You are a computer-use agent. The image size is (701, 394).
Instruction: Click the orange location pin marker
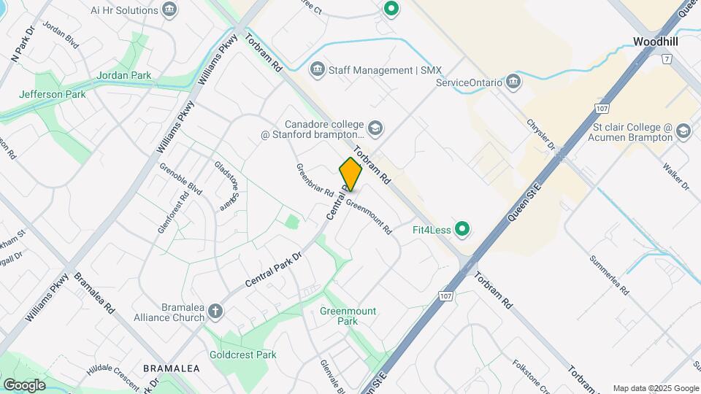(x=350, y=174)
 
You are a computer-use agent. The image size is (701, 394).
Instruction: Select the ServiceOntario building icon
(x=513, y=81)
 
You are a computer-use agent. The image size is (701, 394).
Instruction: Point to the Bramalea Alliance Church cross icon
(x=215, y=311)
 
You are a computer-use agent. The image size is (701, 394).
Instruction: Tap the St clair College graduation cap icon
(x=683, y=131)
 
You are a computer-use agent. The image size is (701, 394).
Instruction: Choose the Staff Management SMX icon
(x=318, y=70)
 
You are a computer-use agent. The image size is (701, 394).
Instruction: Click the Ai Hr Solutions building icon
(x=170, y=10)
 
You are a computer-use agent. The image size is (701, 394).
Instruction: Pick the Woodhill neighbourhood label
(x=656, y=42)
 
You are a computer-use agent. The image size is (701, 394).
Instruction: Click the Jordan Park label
(x=123, y=75)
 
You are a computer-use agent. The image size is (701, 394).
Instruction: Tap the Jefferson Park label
(x=53, y=94)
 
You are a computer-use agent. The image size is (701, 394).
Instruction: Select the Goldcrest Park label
(x=248, y=355)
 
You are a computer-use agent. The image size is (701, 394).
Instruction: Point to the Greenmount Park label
(x=348, y=316)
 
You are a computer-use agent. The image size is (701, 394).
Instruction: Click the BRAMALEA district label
(x=172, y=368)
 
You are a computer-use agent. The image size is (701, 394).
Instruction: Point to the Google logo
(x=24, y=385)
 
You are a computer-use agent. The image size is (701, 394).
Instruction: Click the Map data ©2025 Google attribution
(x=655, y=388)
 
